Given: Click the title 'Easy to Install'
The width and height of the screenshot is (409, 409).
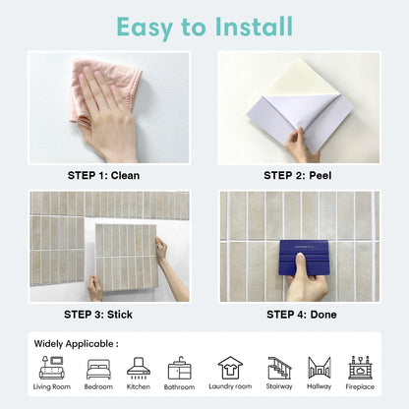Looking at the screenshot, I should [x=204, y=26].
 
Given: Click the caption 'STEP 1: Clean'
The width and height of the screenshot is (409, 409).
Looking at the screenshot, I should [x=102, y=176].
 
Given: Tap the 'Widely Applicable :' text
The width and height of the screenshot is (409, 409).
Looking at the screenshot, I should [x=76, y=344].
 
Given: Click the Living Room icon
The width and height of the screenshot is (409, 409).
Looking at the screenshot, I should [x=52, y=368].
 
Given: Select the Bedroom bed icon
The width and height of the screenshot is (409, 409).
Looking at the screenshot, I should [x=98, y=369].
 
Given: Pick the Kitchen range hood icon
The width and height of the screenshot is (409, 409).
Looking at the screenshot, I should [x=139, y=368].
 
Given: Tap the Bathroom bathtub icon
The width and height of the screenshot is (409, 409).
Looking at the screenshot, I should [x=180, y=369].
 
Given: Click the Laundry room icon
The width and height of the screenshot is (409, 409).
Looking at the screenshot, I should [x=230, y=368].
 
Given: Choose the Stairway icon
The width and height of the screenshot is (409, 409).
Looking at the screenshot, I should [x=279, y=368].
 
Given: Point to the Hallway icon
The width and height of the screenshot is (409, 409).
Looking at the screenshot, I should [x=320, y=368].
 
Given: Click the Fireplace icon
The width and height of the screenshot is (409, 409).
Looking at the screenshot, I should [x=360, y=368].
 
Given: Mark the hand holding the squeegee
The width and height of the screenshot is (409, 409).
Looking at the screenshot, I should [x=307, y=283].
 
